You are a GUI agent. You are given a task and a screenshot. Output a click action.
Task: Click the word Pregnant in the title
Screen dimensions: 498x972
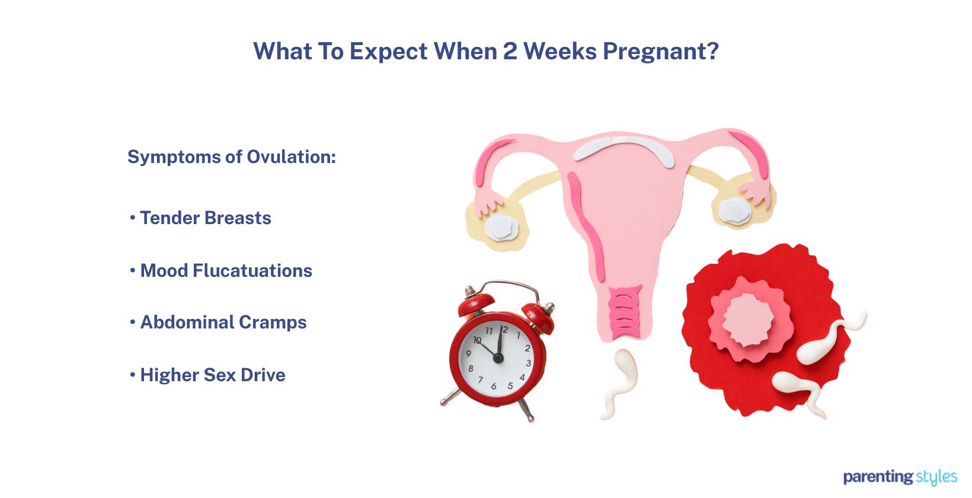(x=654, y=52)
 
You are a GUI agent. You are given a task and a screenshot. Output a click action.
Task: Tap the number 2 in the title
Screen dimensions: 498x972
(x=510, y=52)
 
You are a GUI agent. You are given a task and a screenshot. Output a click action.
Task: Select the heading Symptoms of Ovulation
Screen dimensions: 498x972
(x=231, y=157)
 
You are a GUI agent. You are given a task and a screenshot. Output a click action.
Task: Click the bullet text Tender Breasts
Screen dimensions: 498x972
(x=205, y=218)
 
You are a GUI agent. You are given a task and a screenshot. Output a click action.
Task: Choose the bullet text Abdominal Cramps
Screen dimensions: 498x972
(x=223, y=323)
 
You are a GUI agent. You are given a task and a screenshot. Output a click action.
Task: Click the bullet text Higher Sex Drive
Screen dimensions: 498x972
(x=212, y=375)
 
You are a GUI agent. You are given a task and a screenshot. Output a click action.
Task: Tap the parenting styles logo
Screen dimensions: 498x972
(x=900, y=477)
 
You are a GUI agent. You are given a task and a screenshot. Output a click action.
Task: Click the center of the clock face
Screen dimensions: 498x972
(x=498, y=358)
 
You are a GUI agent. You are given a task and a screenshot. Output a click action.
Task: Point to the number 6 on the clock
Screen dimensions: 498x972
(x=494, y=386)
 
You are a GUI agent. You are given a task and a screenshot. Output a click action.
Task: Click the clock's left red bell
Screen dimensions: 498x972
(x=475, y=305)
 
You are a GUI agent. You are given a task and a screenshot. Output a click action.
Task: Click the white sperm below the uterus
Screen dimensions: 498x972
(x=621, y=379)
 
